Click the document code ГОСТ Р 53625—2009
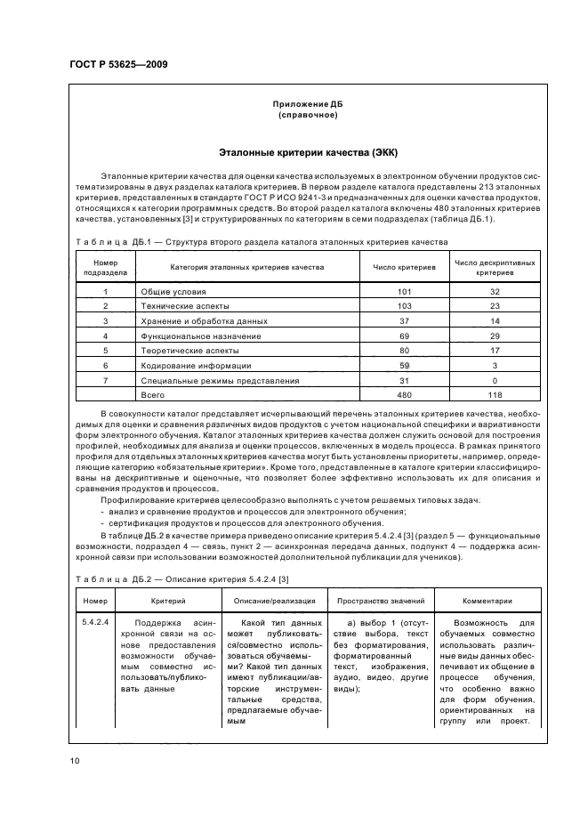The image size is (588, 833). (x=118, y=65)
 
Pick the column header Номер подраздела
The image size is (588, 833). (x=106, y=268)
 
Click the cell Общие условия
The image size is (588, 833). (x=173, y=291)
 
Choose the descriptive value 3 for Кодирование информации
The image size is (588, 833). (x=495, y=364)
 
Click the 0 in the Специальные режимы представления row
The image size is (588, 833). (x=495, y=379)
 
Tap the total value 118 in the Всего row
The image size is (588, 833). (x=495, y=393)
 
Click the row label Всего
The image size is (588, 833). (x=153, y=393)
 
